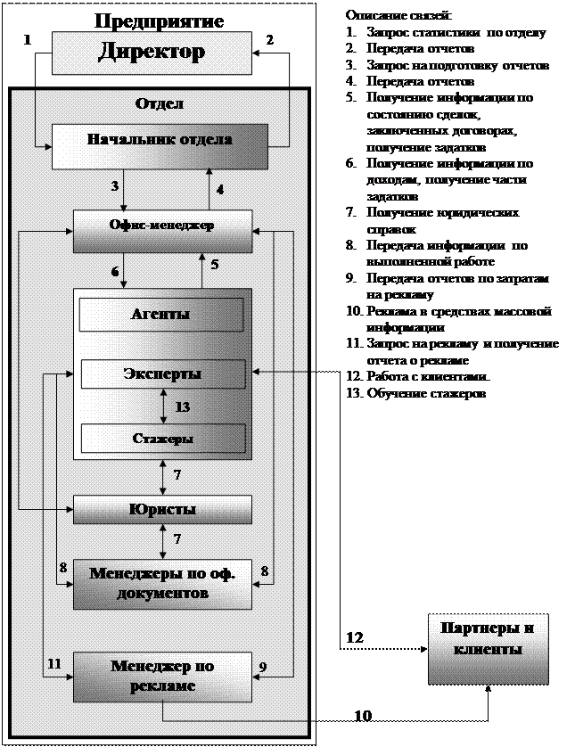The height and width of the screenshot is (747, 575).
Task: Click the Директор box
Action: [x=152, y=52]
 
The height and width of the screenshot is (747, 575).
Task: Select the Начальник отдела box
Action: [x=160, y=145]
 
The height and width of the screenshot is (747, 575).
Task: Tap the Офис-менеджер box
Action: [x=162, y=232]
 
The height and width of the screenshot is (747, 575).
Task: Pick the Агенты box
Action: [x=161, y=314]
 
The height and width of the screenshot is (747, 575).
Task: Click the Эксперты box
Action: [x=163, y=373]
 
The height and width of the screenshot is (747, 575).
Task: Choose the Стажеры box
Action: [x=163, y=438]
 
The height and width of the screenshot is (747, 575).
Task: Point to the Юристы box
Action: [x=162, y=510]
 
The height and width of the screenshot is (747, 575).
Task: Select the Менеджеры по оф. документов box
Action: [x=162, y=583]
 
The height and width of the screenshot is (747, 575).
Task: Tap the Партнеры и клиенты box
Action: [x=487, y=639]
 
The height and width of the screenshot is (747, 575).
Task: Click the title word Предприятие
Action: [x=160, y=19]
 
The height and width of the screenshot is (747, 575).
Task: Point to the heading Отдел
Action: [x=160, y=103]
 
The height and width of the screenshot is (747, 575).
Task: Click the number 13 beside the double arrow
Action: [x=183, y=406]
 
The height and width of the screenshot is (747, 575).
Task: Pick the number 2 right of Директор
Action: [x=269, y=40]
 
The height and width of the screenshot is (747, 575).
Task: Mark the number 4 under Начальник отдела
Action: [x=219, y=190]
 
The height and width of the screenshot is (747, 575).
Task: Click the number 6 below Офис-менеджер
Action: [x=114, y=270]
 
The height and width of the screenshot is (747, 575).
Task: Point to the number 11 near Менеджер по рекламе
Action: [x=54, y=663]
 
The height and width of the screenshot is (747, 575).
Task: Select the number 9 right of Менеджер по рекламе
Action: [x=263, y=665]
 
